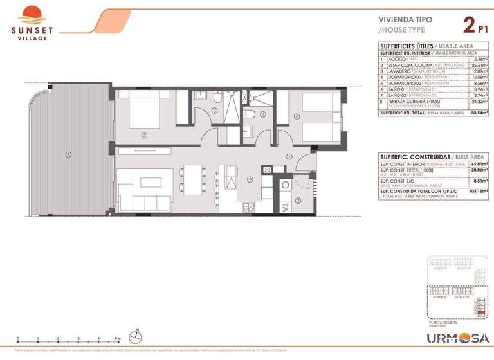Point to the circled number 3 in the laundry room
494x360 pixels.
(x=298, y=199)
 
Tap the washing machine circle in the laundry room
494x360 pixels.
(x=286, y=184)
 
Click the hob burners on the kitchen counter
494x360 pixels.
(x=248, y=207)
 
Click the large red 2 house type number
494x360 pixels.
(x=468, y=26)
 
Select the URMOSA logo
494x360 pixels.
(x=459, y=338)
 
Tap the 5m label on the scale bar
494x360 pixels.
(x=118, y=339)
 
